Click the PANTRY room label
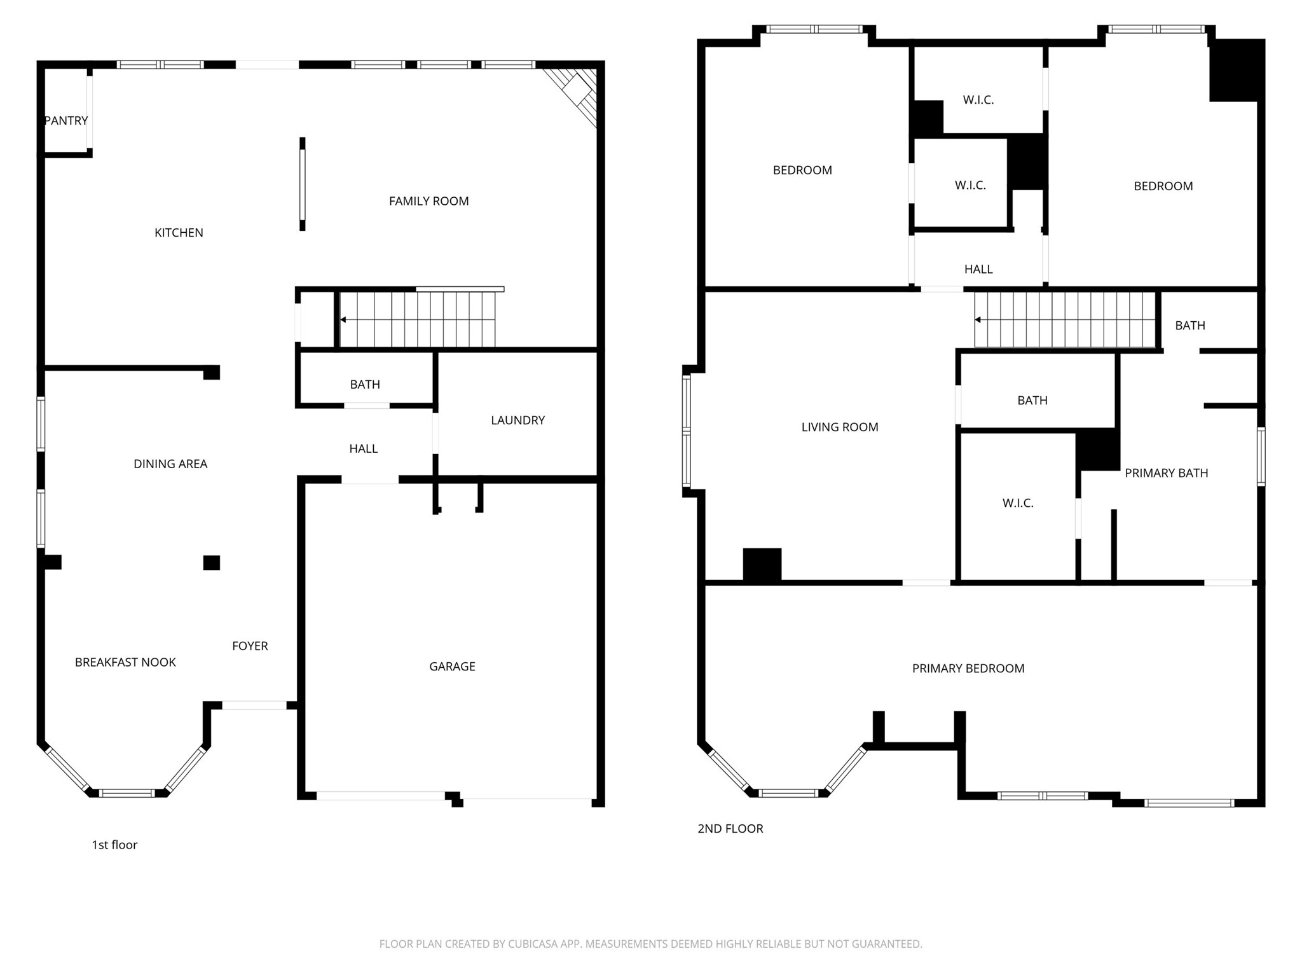coord(66,121)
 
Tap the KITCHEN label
coord(179,233)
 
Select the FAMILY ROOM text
coord(428,201)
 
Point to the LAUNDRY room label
coord(517,420)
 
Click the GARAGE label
coord(452,666)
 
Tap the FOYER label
coord(250,646)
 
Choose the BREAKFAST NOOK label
coord(125,662)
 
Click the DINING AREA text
coord(170,464)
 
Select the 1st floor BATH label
coord(365,384)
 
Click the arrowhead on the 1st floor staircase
coord(343,319)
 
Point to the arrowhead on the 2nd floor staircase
coord(978,319)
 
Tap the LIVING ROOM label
coord(840,427)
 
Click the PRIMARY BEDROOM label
coord(968,668)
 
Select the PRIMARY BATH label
coord(1166,473)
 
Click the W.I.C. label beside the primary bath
coord(1018,503)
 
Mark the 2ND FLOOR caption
coord(730,828)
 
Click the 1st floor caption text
coord(114,845)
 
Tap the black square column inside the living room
coord(762,565)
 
